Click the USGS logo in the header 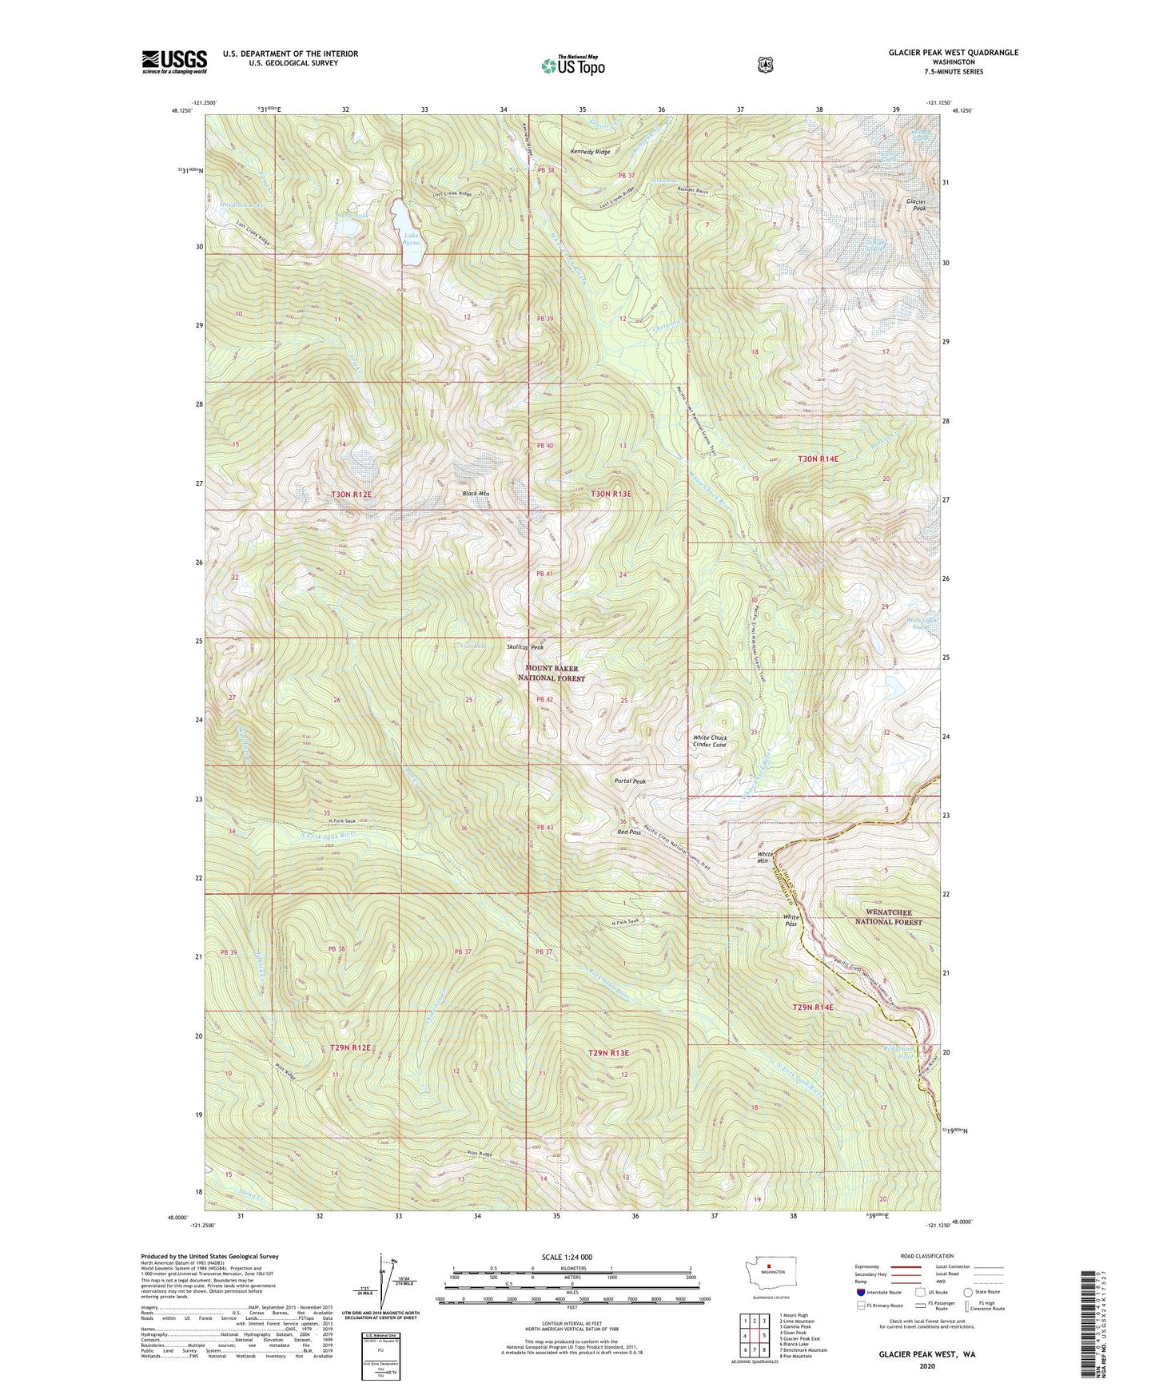pos(174,62)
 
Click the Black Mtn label pos(476,494)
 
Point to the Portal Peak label pos(630,781)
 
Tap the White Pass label pos(791,920)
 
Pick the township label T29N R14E pos(813,1008)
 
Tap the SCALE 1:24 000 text pos(567,1257)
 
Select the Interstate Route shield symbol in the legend pos(860,1292)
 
